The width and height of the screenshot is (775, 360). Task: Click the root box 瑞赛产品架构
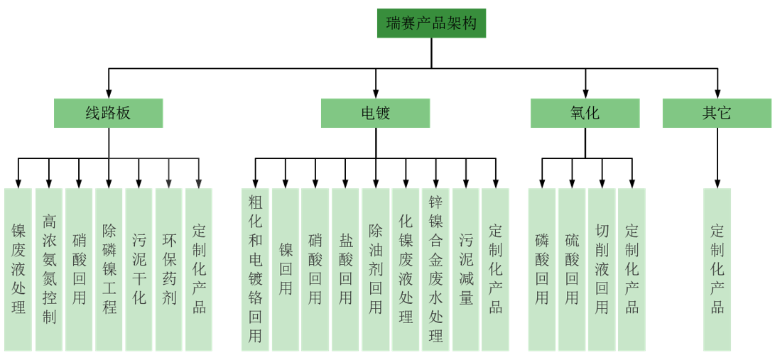431,23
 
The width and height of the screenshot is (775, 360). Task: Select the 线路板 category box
108,113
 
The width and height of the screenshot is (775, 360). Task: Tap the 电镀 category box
375,113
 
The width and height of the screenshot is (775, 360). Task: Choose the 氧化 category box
585,113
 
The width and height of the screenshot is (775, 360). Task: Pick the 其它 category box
717,113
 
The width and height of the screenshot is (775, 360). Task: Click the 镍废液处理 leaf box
18,269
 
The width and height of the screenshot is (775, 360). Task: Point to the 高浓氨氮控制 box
49,269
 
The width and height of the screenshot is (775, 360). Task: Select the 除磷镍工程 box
109,269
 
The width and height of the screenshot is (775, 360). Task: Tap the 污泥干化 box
139,269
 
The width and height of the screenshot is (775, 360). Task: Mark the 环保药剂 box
169,269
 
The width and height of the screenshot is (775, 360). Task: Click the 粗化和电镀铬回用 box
255,269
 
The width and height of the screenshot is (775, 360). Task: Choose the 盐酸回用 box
345,269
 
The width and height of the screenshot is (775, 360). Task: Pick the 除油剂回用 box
375,269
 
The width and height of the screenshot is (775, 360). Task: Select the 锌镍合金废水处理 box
435,269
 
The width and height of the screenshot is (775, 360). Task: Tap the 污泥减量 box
466,269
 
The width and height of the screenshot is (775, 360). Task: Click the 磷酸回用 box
542,269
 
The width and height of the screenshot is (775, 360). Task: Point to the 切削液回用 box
602,269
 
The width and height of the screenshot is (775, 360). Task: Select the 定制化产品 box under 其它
717,269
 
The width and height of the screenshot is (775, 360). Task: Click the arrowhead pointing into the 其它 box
717,94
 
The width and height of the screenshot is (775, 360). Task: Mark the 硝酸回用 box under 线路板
79,269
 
